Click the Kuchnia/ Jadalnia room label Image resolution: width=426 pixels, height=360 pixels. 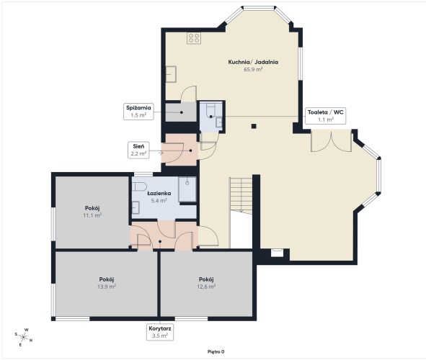(x=253, y=62)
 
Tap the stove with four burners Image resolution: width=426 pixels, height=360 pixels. (x=194, y=38)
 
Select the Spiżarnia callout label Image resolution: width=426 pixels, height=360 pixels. (x=138, y=111)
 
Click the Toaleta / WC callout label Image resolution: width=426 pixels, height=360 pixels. (x=326, y=116)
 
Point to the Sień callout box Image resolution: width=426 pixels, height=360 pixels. (x=138, y=150)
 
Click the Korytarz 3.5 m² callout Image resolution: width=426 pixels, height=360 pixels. (x=160, y=332)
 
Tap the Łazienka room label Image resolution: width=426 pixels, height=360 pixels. (x=159, y=194)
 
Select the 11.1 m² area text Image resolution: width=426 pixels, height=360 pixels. (x=92, y=215)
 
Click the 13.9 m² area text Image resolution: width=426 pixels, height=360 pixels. (x=107, y=287)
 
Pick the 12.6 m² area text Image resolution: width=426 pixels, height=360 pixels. (x=206, y=287)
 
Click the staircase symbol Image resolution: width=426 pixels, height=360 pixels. (x=241, y=195)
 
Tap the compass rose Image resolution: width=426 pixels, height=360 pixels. (x=24, y=338)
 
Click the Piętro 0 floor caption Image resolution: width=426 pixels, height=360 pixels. (x=216, y=352)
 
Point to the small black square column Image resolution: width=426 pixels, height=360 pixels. (x=254, y=126)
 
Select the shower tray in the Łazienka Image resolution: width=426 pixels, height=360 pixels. (x=187, y=189)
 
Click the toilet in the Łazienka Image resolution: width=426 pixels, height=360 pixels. (x=139, y=186)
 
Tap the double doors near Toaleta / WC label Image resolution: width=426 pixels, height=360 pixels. (x=331, y=140)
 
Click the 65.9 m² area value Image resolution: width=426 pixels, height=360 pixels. (x=253, y=69)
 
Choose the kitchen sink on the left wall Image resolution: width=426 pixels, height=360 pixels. (x=171, y=74)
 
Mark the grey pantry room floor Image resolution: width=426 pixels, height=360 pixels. (x=181, y=112)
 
